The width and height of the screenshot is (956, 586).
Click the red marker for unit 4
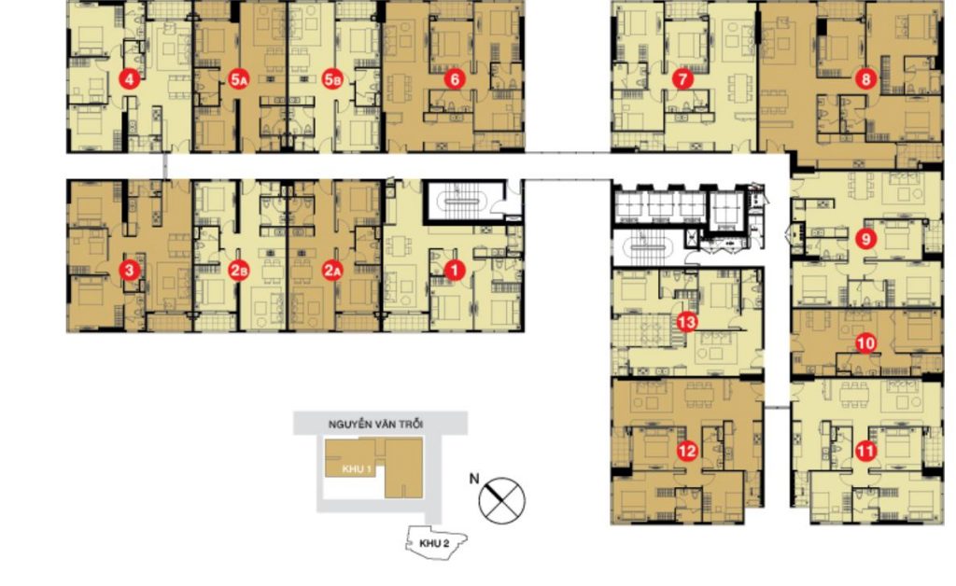pos(129,79)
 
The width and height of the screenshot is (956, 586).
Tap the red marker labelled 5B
pos(331,79)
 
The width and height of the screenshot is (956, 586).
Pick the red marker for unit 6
pos(455,79)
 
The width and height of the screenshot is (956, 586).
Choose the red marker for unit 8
pos(866,79)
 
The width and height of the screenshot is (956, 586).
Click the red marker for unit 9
pos(866,239)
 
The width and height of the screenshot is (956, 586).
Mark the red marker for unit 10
pos(866,343)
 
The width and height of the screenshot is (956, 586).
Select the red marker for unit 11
pos(866,452)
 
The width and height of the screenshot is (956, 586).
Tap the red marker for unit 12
pos(687,452)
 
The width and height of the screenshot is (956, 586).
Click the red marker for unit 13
pos(687,323)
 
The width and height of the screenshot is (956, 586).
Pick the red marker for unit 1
pos(455,271)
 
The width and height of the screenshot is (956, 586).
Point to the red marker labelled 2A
pos(331,271)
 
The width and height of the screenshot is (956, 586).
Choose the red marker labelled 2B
pos(238,271)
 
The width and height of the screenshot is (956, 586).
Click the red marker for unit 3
pos(129,271)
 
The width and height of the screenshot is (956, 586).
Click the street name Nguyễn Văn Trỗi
pos(375,424)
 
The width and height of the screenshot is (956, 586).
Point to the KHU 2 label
pos(430,540)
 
